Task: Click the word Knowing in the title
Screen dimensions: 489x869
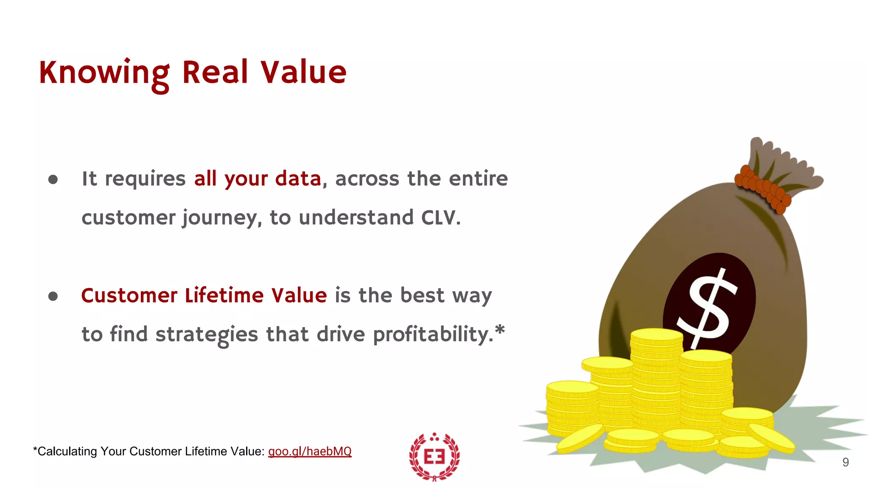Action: click(x=104, y=73)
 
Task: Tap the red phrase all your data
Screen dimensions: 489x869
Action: click(x=257, y=179)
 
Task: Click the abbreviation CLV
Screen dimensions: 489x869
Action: click(x=440, y=218)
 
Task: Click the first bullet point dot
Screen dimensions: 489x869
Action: click(x=53, y=180)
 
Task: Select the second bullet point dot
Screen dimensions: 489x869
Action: click(x=53, y=296)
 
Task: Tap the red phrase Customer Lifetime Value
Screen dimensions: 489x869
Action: click(x=204, y=295)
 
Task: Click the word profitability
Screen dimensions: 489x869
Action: click(x=433, y=334)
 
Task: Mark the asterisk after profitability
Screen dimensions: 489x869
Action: click(x=500, y=329)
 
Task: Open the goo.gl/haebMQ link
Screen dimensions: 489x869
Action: click(x=310, y=451)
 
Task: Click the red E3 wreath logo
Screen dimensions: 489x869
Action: click(x=434, y=457)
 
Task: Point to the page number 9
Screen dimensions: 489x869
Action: click(x=845, y=462)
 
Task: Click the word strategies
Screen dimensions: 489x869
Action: click(x=207, y=334)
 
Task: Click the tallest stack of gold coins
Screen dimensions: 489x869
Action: click(x=656, y=378)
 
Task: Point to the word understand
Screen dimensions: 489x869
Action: click(x=356, y=218)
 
